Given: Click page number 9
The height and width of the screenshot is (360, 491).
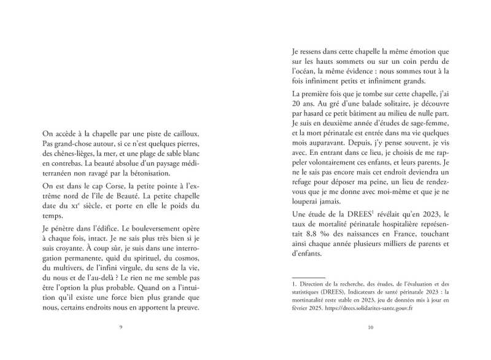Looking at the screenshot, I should click(x=121, y=327).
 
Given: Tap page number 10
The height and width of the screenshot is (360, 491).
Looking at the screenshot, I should click(x=370, y=327).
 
